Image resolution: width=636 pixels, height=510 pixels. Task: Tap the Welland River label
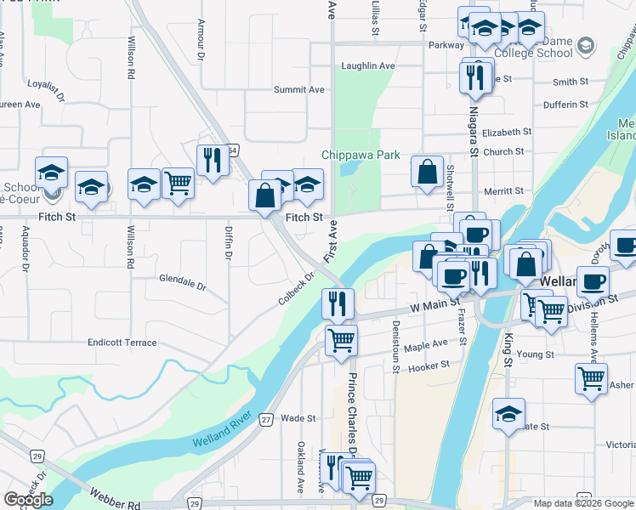click(223, 438)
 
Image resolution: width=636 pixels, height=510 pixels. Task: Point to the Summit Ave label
click(299, 89)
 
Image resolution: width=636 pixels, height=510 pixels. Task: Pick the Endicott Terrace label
click(122, 343)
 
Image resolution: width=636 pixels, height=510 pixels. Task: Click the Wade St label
click(298, 418)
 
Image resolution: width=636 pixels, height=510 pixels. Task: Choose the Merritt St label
click(501, 191)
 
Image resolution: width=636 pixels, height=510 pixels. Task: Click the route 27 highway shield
click(266, 419)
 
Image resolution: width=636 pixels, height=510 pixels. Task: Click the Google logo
click(28, 500)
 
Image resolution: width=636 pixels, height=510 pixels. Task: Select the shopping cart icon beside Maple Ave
click(341, 339)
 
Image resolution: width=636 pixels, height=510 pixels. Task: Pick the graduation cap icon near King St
click(508, 414)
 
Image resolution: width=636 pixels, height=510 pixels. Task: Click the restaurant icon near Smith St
click(473, 77)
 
